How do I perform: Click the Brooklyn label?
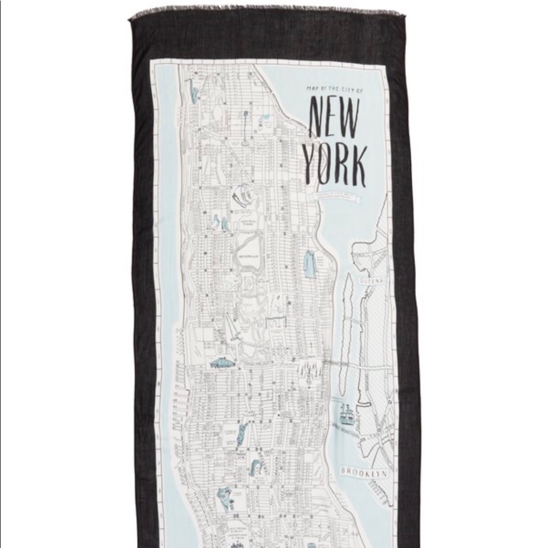point(364,471)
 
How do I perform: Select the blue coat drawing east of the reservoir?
point(310,264)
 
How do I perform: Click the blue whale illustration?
point(223,363)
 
